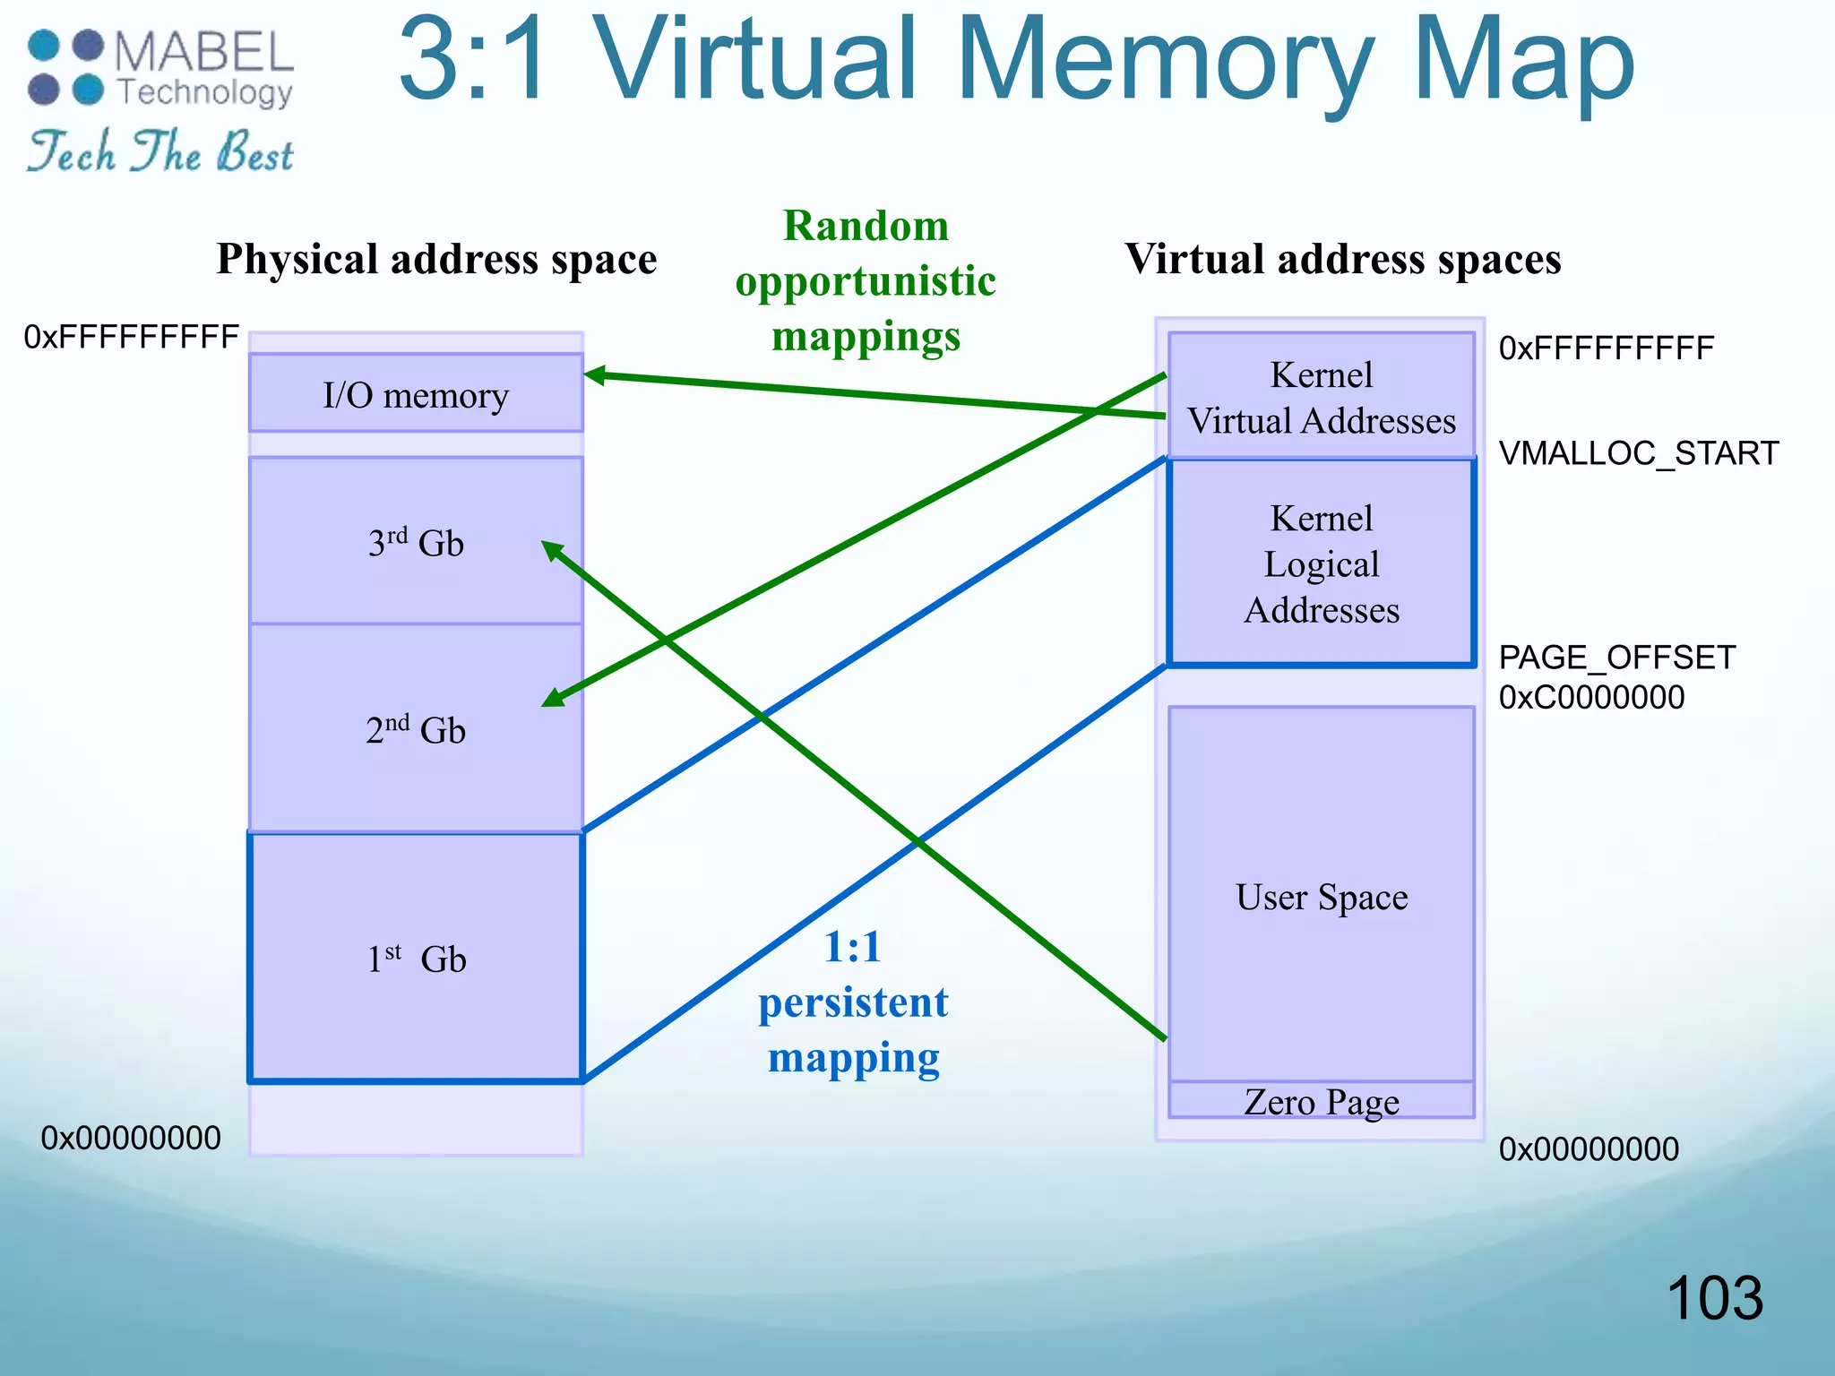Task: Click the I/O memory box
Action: tap(416, 394)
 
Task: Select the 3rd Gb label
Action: tap(416, 543)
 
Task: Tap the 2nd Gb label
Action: tap(416, 730)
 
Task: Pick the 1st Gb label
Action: tap(417, 959)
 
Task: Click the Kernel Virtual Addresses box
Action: tap(1322, 397)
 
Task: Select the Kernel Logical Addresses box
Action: tap(1322, 563)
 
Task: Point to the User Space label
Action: tap(1322, 897)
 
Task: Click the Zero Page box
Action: tap(1322, 1101)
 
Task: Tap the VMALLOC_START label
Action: tap(1638, 453)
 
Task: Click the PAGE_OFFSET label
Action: tap(1616, 658)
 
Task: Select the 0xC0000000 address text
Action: tap(1591, 697)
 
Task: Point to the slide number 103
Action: tap(1714, 1298)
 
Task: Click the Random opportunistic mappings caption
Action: tap(866, 281)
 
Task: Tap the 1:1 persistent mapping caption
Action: tap(853, 1002)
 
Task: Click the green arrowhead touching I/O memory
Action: tap(594, 375)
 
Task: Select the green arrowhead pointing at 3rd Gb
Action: tap(552, 549)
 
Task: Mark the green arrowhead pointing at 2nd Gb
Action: tap(553, 699)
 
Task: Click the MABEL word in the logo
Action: tap(204, 52)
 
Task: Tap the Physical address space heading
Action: tap(436, 259)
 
